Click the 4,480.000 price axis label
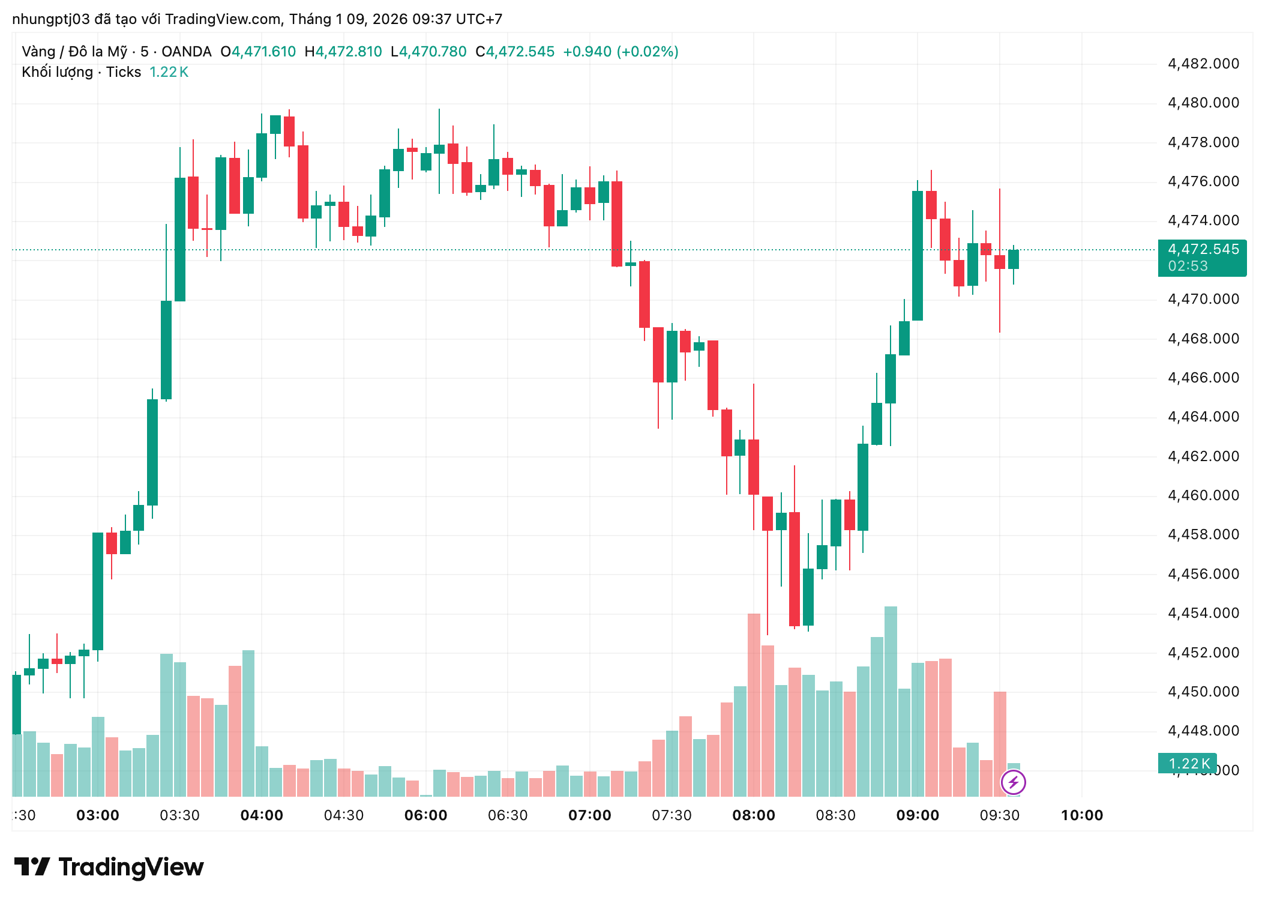(x=1203, y=103)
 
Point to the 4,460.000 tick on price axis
(x=1203, y=495)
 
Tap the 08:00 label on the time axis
(x=754, y=815)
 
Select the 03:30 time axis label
(x=179, y=815)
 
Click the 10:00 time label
(x=1081, y=815)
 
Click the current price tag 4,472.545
(x=1203, y=249)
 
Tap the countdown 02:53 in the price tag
(x=1188, y=266)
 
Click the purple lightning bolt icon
(x=1013, y=782)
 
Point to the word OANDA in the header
(x=186, y=52)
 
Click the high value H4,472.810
(x=343, y=52)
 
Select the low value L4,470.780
(x=428, y=52)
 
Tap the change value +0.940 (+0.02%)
(x=620, y=52)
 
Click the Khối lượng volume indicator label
(x=57, y=72)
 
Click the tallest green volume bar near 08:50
(x=891, y=701)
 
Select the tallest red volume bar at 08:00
(x=754, y=705)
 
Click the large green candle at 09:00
(x=918, y=255)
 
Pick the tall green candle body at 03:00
(x=98, y=591)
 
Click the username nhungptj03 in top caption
(x=50, y=19)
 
